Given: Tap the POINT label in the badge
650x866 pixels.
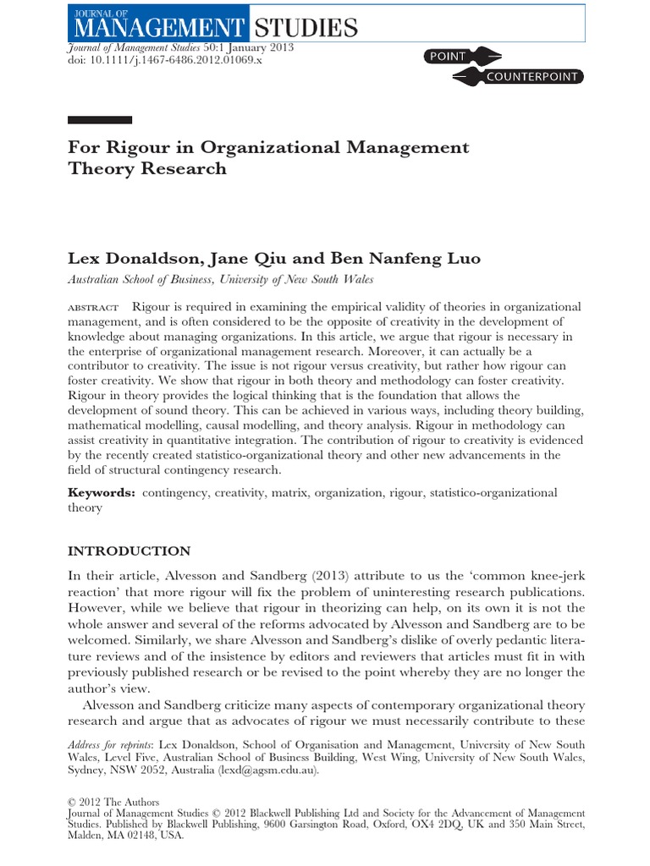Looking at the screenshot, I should coord(448,57).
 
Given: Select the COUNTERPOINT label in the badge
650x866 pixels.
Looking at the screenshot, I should coord(532,77).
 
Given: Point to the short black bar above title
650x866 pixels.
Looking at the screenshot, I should coord(99,119).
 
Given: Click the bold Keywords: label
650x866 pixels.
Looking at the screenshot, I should coord(101,492).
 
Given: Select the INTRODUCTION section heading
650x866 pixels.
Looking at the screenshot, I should coord(129,551).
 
